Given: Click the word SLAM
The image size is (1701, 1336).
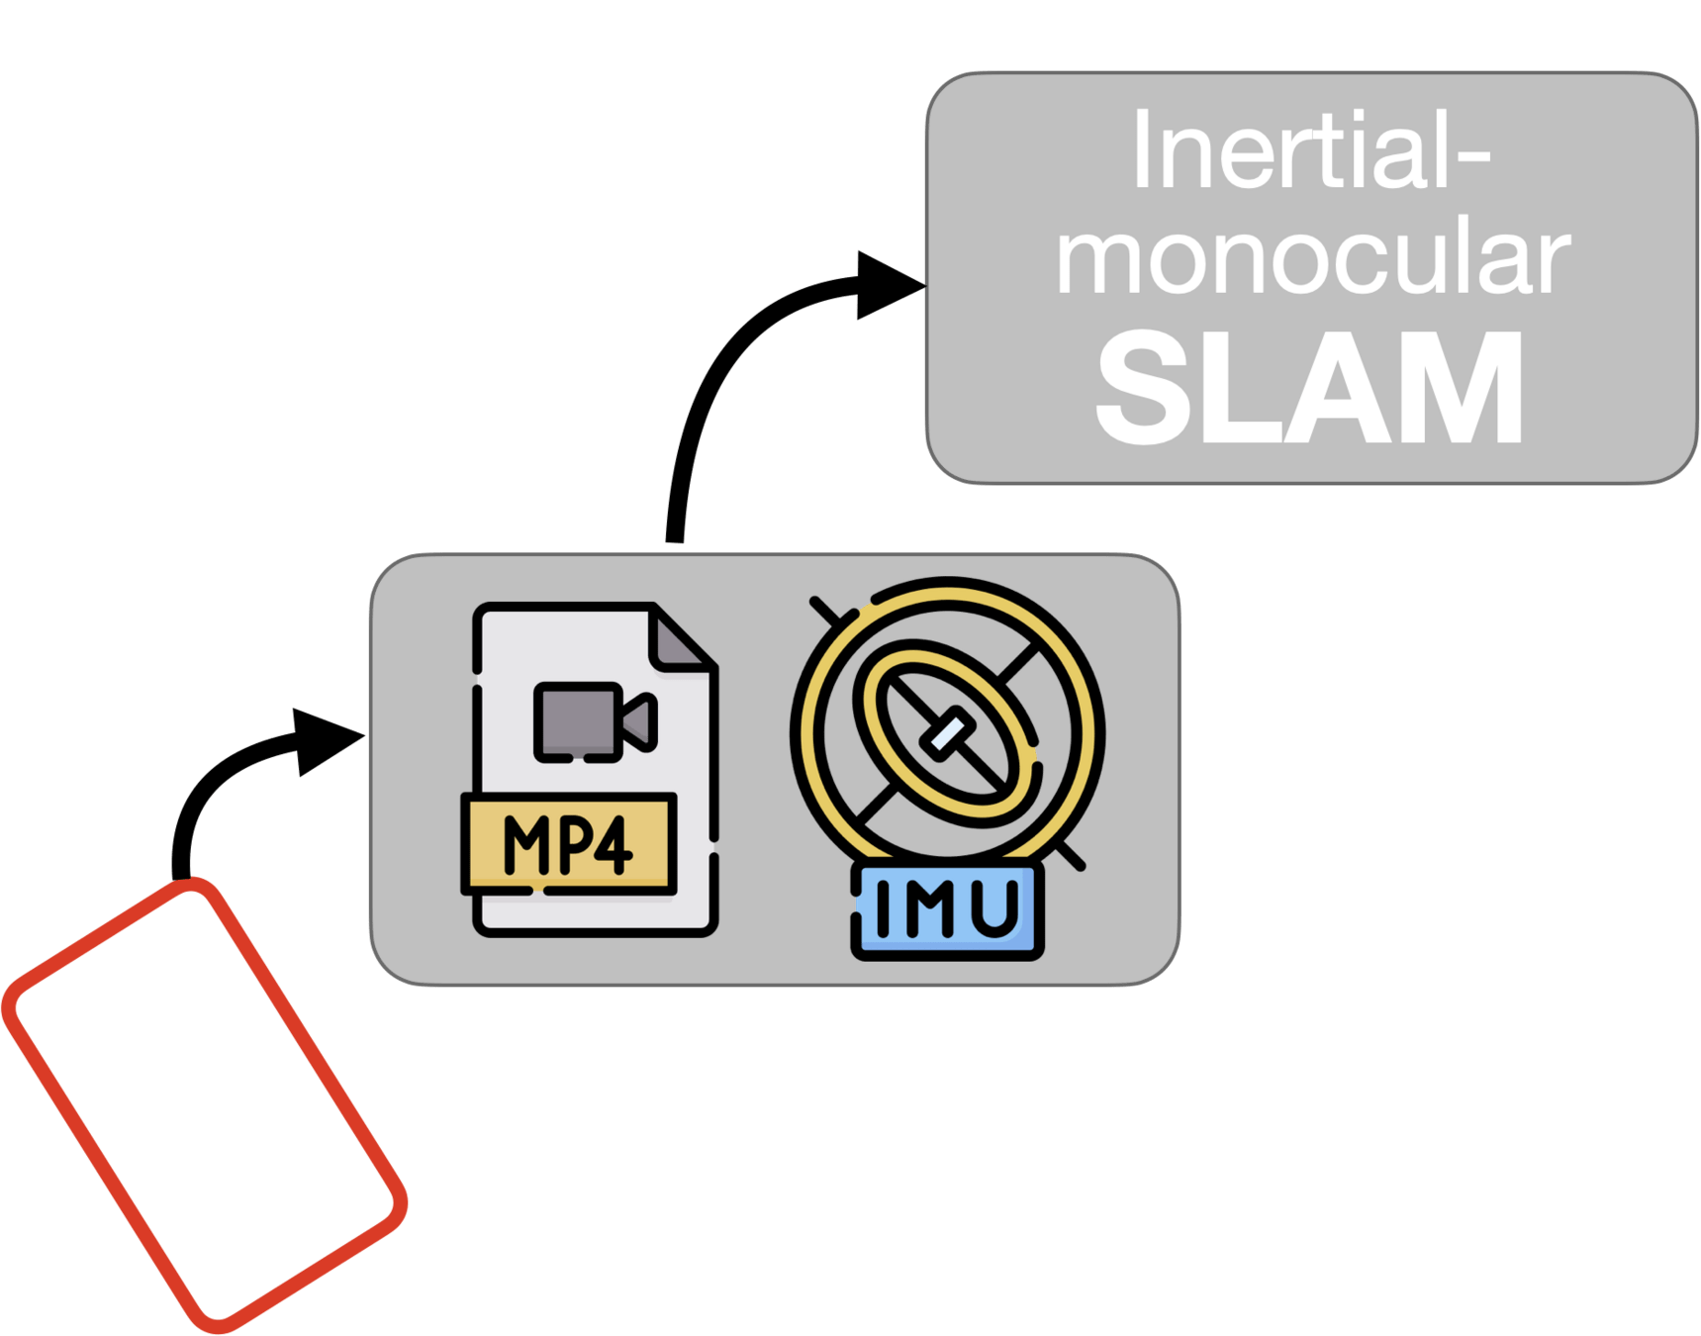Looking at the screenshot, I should point(1310,388).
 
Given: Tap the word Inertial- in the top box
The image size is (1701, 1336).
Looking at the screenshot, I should point(1310,150).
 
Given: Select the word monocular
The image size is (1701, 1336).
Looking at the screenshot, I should point(1312,259).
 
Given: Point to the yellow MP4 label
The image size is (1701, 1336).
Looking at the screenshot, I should point(568,844).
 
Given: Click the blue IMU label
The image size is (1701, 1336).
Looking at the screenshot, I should point(947,908).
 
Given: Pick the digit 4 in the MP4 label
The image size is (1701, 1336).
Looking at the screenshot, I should point(611,845).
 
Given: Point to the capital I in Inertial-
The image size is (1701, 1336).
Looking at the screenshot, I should point(1141,150).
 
